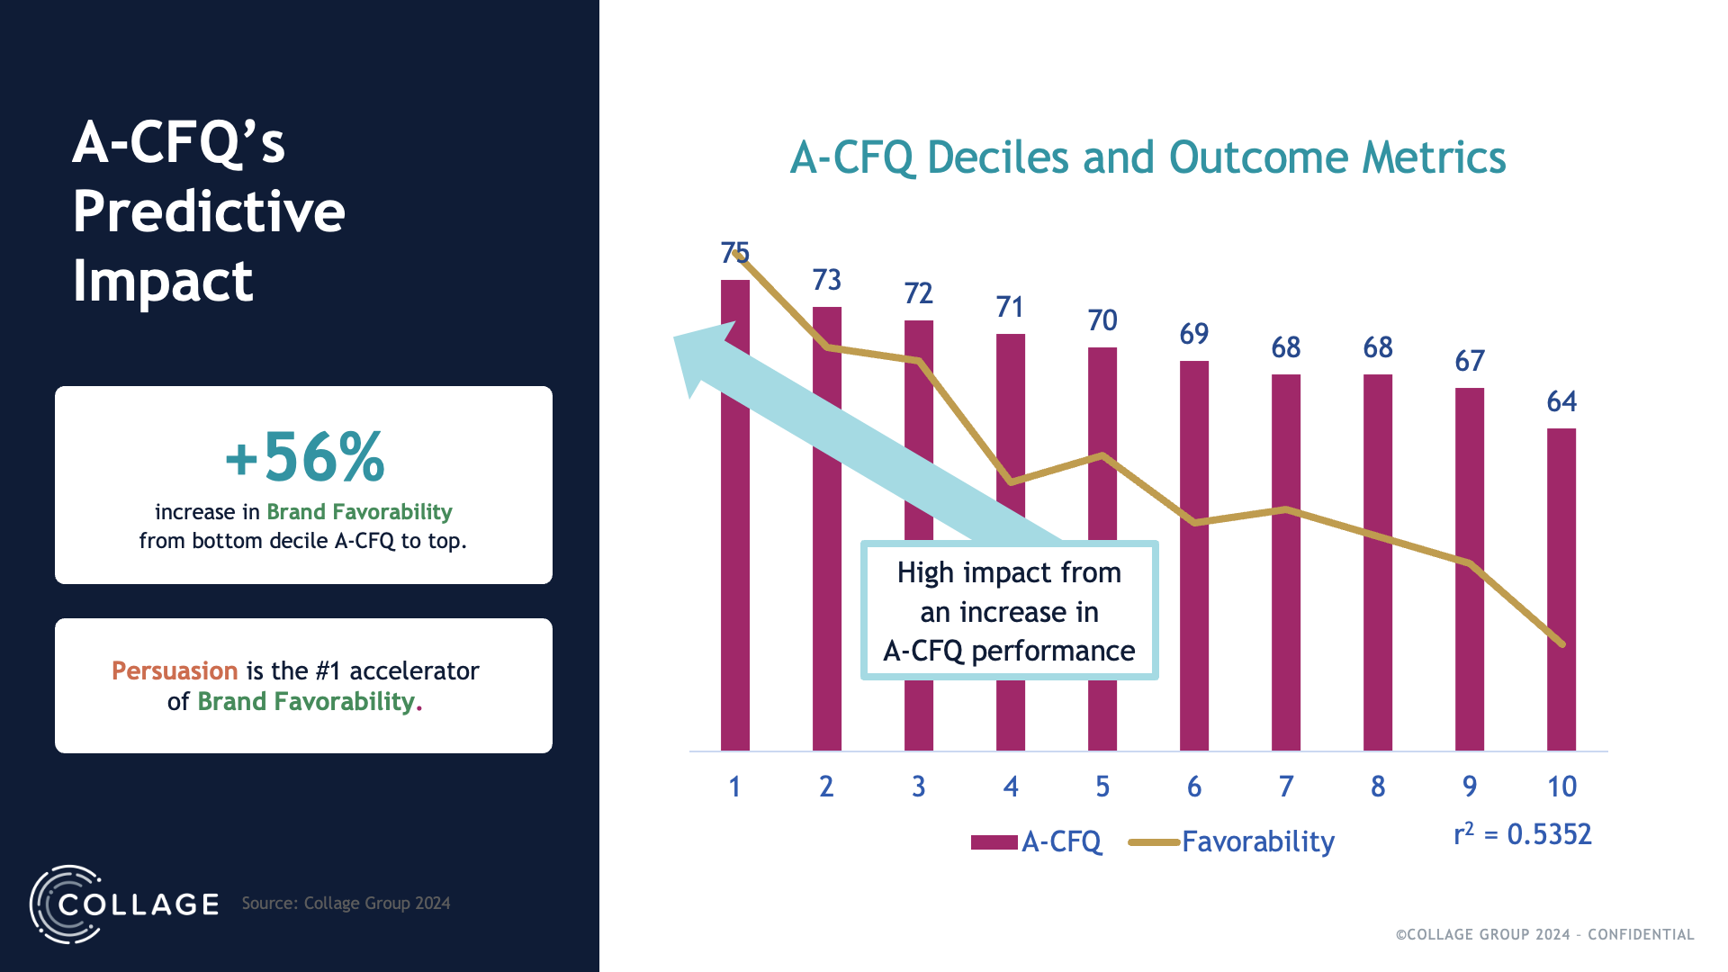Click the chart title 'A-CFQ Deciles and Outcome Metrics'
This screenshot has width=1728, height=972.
point(1147,157)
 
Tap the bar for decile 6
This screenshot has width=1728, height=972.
point(1194,630)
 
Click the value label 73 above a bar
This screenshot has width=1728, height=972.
point(826,280)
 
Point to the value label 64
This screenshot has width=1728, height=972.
point(1561,401)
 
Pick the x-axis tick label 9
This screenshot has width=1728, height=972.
point(1470,787)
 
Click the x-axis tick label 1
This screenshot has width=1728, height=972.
point(734,787)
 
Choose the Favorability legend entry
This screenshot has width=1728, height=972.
point(1257,841)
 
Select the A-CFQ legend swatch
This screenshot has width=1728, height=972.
point(994,842)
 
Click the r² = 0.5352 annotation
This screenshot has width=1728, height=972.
point(1523,834)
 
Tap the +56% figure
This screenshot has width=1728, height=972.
point(304,457)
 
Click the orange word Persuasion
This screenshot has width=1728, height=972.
point(175,670)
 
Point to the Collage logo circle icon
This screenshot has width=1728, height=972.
point(65,904)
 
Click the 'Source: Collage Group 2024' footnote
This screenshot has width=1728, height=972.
point(346,903)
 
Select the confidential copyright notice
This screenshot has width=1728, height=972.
point(1544,934)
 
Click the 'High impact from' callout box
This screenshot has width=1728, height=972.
point(1009,611)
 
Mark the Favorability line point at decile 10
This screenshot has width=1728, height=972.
point(1561,643)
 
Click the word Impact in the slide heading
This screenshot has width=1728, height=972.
point(163,281)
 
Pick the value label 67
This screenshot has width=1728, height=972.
point(1470,361)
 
